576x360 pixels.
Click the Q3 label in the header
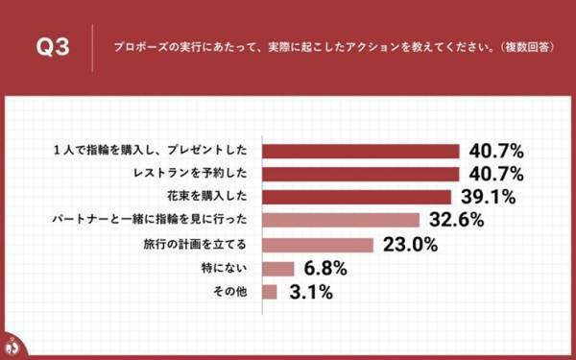tap(52, 47)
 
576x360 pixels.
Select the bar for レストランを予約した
tap(361, 175)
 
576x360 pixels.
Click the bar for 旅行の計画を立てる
tap(318, 245)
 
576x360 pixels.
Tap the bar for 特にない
tap(277, 268)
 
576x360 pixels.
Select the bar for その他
tap(269, 291)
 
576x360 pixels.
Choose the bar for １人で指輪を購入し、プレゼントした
tap(361, 152)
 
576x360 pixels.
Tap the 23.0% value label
tap(410, 245)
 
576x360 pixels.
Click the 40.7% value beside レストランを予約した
tap(495, 175)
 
